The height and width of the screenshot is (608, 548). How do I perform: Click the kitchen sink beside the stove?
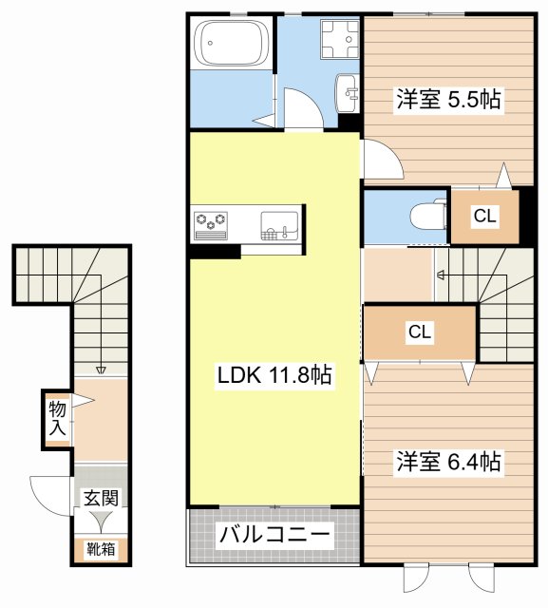pos(278,224)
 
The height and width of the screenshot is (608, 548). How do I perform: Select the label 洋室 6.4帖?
pos(448,463)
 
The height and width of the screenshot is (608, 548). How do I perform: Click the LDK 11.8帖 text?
pos(274,375)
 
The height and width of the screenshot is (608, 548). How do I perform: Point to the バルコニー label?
pos(274,535)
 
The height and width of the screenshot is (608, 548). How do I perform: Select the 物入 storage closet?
pos(58,419)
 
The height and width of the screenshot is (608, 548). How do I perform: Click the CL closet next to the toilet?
pos(484,217)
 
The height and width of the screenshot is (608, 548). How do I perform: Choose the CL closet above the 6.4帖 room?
pos(420,332)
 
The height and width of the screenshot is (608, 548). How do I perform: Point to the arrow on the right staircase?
pos(441,275)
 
